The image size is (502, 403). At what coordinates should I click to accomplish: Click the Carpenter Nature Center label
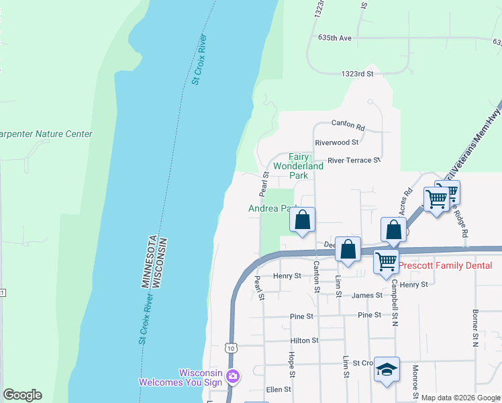pyautogui.click(x=46, y=134)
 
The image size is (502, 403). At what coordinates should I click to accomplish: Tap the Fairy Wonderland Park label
pyautogui.click(x=298, y=166)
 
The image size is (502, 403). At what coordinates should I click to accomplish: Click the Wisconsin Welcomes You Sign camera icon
pyautogui.click(x=233, y=375)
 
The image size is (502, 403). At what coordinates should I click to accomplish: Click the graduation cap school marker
pyautogui.click(x=387, y=369)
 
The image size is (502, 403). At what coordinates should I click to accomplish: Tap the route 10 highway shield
pyautogui.click(x=231, y=348)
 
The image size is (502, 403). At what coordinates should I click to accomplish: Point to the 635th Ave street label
pyautogui.click(x=336, y=38)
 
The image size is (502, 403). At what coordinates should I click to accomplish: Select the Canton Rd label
pyautogui.click(x=348, y=125)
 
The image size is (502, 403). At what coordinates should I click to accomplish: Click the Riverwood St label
pyautogui.click(x=337, y=142)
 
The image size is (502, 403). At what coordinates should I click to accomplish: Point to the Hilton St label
pyautogui.click(x=304, y=341)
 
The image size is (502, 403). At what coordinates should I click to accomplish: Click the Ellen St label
pyautogui.click(x=279, y=389)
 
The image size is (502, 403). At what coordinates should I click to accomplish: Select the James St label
pyautogui.click(x=366, y=295)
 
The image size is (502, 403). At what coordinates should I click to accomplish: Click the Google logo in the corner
pyautogui.click(x=22, y=395)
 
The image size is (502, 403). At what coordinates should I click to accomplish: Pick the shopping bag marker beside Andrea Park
pyautogui.click(x=303, y=220)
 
